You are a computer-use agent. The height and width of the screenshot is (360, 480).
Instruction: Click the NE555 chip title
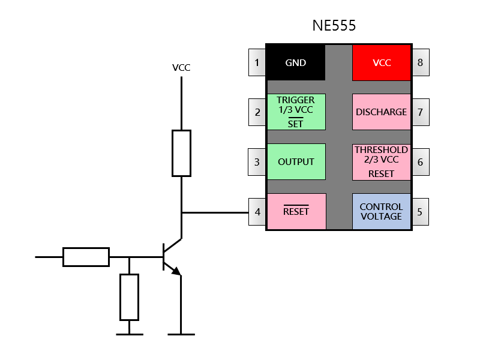click(334, 25)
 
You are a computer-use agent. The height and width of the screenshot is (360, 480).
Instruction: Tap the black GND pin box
click(296, 62)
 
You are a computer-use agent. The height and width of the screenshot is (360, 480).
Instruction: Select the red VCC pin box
click(382, 62)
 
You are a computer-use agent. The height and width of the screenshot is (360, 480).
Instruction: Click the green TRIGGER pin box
click(296, 112)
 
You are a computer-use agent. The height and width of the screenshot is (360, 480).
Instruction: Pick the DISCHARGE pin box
click(382, 112)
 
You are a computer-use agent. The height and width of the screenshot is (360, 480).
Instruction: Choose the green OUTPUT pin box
click(296, 161)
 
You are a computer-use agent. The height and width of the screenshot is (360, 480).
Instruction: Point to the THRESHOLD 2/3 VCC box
click(382, 162)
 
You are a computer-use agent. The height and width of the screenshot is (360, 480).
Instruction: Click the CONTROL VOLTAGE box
click(382, 212)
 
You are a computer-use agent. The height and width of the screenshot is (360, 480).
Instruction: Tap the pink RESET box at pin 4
click(296, 212)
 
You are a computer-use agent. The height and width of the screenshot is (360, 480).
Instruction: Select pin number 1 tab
click(257, 62)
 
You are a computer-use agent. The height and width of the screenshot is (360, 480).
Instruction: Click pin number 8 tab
click(421, 62)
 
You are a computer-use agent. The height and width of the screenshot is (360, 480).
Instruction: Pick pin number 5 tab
click(421, 212)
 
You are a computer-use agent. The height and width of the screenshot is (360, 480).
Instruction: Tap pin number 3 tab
click(257, 162)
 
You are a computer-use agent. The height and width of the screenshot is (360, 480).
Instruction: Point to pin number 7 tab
click(421, 112)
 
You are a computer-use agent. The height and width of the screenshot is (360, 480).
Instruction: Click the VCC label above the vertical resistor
click(181, 67)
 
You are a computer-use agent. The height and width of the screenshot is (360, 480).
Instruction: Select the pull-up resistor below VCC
click(182, 154)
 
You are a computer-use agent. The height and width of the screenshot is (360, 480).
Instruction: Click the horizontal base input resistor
click(86, 257)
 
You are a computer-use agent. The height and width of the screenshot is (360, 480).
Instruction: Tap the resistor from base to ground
click(129, 297)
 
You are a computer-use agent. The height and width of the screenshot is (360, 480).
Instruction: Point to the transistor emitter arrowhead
click(176, 271)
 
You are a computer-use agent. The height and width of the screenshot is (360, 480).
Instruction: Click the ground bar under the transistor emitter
click(181, 334)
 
